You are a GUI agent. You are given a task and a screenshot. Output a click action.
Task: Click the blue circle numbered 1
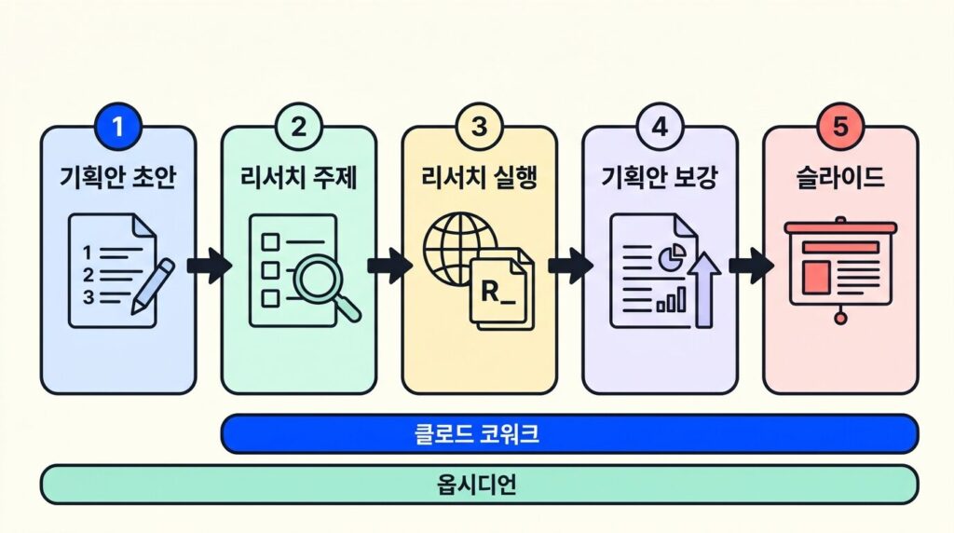coord(117,128)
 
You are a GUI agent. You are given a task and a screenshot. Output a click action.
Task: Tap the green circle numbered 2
coord(298,128)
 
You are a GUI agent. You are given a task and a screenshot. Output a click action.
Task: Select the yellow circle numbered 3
coord(479,128)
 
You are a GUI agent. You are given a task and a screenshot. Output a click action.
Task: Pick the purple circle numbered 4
coord(660,128)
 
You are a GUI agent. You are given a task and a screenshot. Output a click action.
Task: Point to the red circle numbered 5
coord(840,128)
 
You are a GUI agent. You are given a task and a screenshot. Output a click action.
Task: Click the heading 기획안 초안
coord(117,178)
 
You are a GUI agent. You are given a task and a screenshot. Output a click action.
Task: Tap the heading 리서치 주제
coord(298,178)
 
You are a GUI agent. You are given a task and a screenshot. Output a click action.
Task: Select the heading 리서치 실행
coord(479,178)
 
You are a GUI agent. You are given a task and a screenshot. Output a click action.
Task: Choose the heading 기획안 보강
coord(660,178)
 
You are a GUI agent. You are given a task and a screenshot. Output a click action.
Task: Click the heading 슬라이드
coord(840,178)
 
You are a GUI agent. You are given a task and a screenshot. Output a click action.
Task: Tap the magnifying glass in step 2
coord(325,284)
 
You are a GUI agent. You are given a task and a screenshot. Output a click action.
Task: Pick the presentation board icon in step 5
coord(840,266)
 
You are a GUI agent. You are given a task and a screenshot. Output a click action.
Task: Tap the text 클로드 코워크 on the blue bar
coord(477,434)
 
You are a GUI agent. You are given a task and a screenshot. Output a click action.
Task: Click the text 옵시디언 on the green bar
coord(477,485)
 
